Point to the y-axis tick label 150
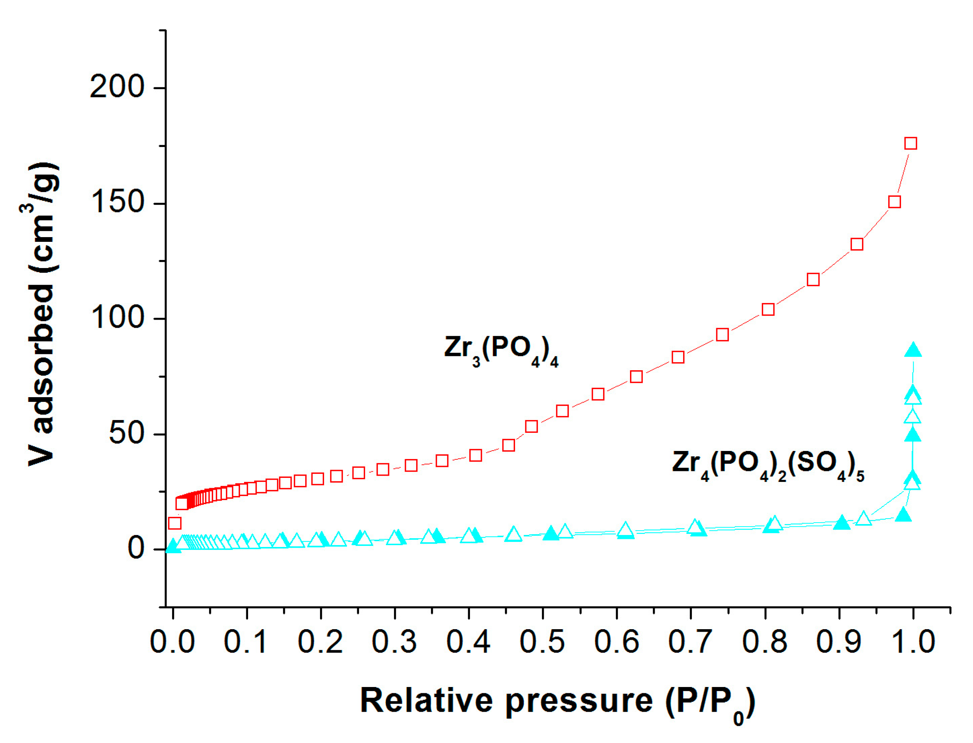click(x=117, y=202)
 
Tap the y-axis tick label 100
click(x=117, y=317)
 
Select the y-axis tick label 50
click(x=127, y=433)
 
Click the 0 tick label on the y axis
click(x=136, y=548)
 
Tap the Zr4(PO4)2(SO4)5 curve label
click(x=768, y=465)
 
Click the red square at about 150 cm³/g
click(x=895, y=202)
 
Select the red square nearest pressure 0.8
click(x=768, y=309)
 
